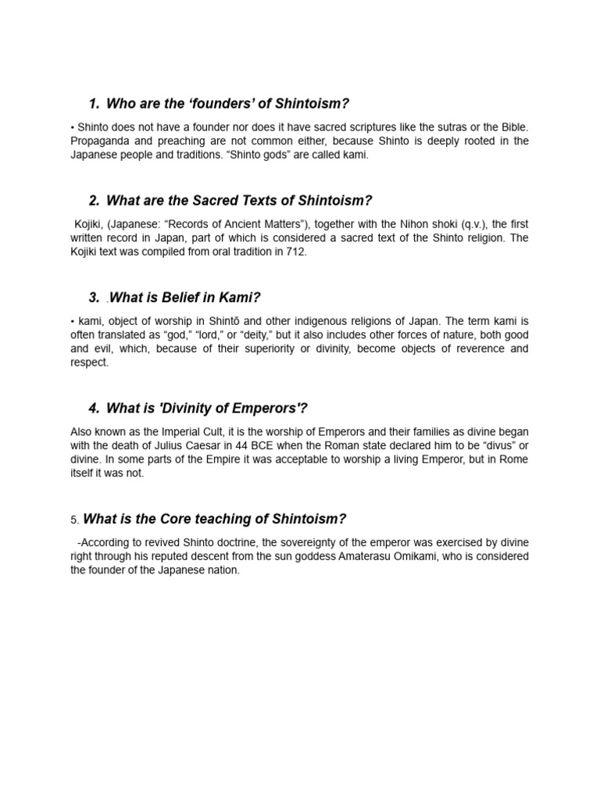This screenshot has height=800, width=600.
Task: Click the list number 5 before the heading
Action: click(x=73, y=520)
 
